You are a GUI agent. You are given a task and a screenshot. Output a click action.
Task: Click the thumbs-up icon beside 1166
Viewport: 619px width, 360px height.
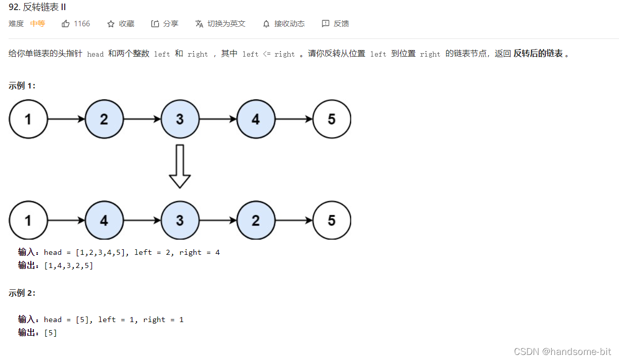click(66, 24)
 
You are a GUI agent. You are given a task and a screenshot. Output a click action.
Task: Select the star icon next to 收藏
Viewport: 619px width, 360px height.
click(111, 24)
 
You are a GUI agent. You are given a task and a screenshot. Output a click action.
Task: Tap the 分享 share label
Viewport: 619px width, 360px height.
click(170, 24)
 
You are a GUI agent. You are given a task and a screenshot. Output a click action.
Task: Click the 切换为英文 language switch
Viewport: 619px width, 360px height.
click(226, 24)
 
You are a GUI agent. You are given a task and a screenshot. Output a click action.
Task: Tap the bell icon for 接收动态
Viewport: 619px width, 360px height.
click(266, 24)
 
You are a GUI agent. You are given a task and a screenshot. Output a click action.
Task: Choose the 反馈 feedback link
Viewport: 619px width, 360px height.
click(341, 24)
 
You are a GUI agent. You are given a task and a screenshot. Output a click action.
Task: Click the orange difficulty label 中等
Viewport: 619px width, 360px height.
click(37, 24)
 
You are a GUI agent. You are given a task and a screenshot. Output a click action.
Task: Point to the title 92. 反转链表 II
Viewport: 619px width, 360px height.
click(37, 7)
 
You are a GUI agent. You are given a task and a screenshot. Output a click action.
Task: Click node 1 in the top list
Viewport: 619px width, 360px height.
click(28, 119)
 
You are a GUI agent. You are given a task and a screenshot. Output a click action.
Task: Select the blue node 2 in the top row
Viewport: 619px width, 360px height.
click(104, 119)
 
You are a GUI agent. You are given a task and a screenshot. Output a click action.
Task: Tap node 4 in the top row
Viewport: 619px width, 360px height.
click(256, 119)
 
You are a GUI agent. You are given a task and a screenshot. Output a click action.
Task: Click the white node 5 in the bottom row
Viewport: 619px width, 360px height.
click(331, 220)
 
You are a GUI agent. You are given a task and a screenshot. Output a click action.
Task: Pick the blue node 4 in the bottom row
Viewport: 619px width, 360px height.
click(104, 220)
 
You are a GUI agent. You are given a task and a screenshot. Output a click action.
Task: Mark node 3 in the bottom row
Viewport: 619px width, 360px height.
click(180, 220)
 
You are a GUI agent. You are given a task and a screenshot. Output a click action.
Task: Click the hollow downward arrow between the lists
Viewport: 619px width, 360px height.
click(180, 166)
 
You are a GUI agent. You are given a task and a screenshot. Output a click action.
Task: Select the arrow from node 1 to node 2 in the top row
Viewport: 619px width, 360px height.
click(66, 119)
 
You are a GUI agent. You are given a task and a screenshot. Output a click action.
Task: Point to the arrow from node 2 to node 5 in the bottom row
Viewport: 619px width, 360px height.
click(294, 220)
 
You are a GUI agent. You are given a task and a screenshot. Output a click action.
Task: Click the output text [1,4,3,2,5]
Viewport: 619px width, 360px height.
click(69, 266)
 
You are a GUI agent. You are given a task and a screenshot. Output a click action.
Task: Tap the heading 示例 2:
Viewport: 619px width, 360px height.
click(22, 293)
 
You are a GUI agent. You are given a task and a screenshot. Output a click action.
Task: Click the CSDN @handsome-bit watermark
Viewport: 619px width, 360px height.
click(562, 351)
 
